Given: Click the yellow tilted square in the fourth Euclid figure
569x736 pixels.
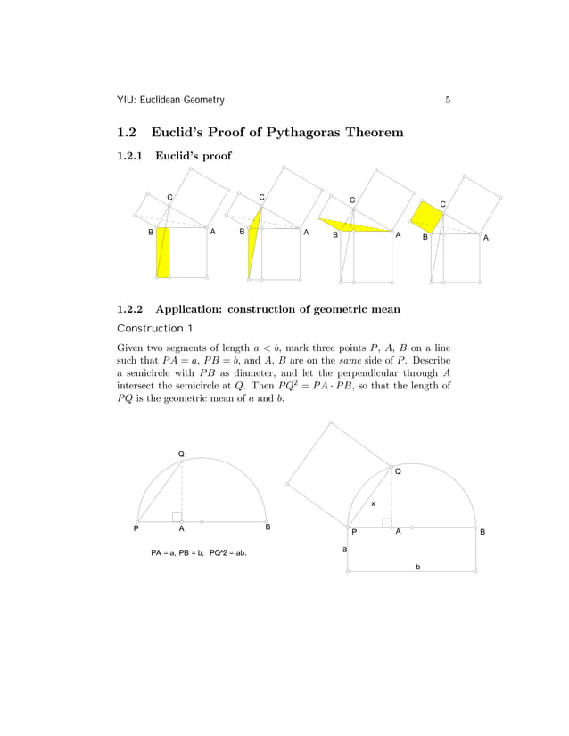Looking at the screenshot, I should tap(427, 217).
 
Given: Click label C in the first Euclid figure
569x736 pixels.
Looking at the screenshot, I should tap(169, 195).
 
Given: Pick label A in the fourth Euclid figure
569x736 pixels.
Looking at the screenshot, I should tap(485, 238).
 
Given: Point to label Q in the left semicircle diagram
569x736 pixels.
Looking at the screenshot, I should tap(181, 454).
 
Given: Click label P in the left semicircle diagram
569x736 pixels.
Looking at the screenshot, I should tap(136, 528).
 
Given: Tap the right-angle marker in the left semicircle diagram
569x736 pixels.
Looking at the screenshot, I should tap(177, 517).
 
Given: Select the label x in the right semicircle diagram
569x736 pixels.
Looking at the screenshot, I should tap(373, 503).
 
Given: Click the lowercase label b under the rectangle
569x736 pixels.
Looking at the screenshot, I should tap(417, 567).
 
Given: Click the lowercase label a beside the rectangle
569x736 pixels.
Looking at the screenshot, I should tap(346, 549).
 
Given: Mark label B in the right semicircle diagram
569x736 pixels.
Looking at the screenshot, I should tap(482, 532).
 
